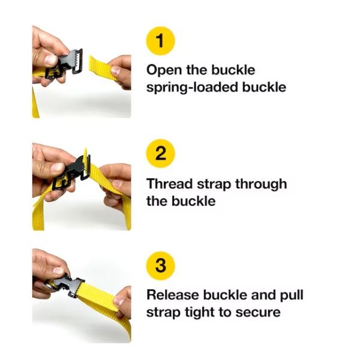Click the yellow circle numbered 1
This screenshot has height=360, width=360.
click(160, 41)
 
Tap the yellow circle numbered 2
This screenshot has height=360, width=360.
click(160, 154)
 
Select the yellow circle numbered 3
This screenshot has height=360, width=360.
click(160, 266)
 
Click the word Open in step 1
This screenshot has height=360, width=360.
click(164, 70)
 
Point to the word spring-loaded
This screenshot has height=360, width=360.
click(192, 88)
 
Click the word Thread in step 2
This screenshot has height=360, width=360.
click(169, 184)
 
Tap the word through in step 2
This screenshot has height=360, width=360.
click(261, 184)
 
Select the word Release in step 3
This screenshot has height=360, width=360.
click(172, 295)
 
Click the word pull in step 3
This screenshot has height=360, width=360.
click(292, 295)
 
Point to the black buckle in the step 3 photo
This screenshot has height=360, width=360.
click(66, 285)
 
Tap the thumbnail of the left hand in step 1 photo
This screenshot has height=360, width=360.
click(51, 60)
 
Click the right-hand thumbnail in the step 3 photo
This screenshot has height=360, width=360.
click(118, 301)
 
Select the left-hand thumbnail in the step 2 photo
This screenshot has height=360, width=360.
click(58, 167)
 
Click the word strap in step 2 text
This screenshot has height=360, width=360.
click(214, 185)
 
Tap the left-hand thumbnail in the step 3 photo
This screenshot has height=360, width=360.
click(58, 271)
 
